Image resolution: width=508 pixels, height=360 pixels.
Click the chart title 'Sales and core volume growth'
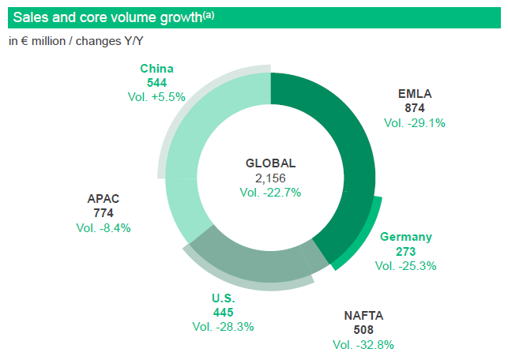107,17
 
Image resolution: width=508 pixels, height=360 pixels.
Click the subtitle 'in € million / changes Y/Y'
76,41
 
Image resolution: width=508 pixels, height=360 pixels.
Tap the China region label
156,69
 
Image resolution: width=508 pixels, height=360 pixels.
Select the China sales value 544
156,83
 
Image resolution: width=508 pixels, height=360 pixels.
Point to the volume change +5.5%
156,97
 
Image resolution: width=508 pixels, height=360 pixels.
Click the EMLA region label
415,94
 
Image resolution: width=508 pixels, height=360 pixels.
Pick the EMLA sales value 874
415,108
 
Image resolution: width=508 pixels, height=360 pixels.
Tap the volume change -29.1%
415,123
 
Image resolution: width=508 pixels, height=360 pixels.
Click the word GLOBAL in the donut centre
270,163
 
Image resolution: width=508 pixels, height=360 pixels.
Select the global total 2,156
270,178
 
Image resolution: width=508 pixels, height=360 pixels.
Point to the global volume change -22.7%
270,193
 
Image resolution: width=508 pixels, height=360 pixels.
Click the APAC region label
103,198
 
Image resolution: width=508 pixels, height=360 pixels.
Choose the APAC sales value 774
103,213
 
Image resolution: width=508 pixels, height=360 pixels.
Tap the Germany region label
406,237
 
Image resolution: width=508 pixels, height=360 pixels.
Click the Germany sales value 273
406,252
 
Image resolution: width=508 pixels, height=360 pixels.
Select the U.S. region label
224,298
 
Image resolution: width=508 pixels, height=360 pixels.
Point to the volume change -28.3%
224,327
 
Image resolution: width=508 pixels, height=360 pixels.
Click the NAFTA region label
363,315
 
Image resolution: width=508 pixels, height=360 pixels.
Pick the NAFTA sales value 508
363,329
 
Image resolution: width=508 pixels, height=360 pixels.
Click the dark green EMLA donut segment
348,136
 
